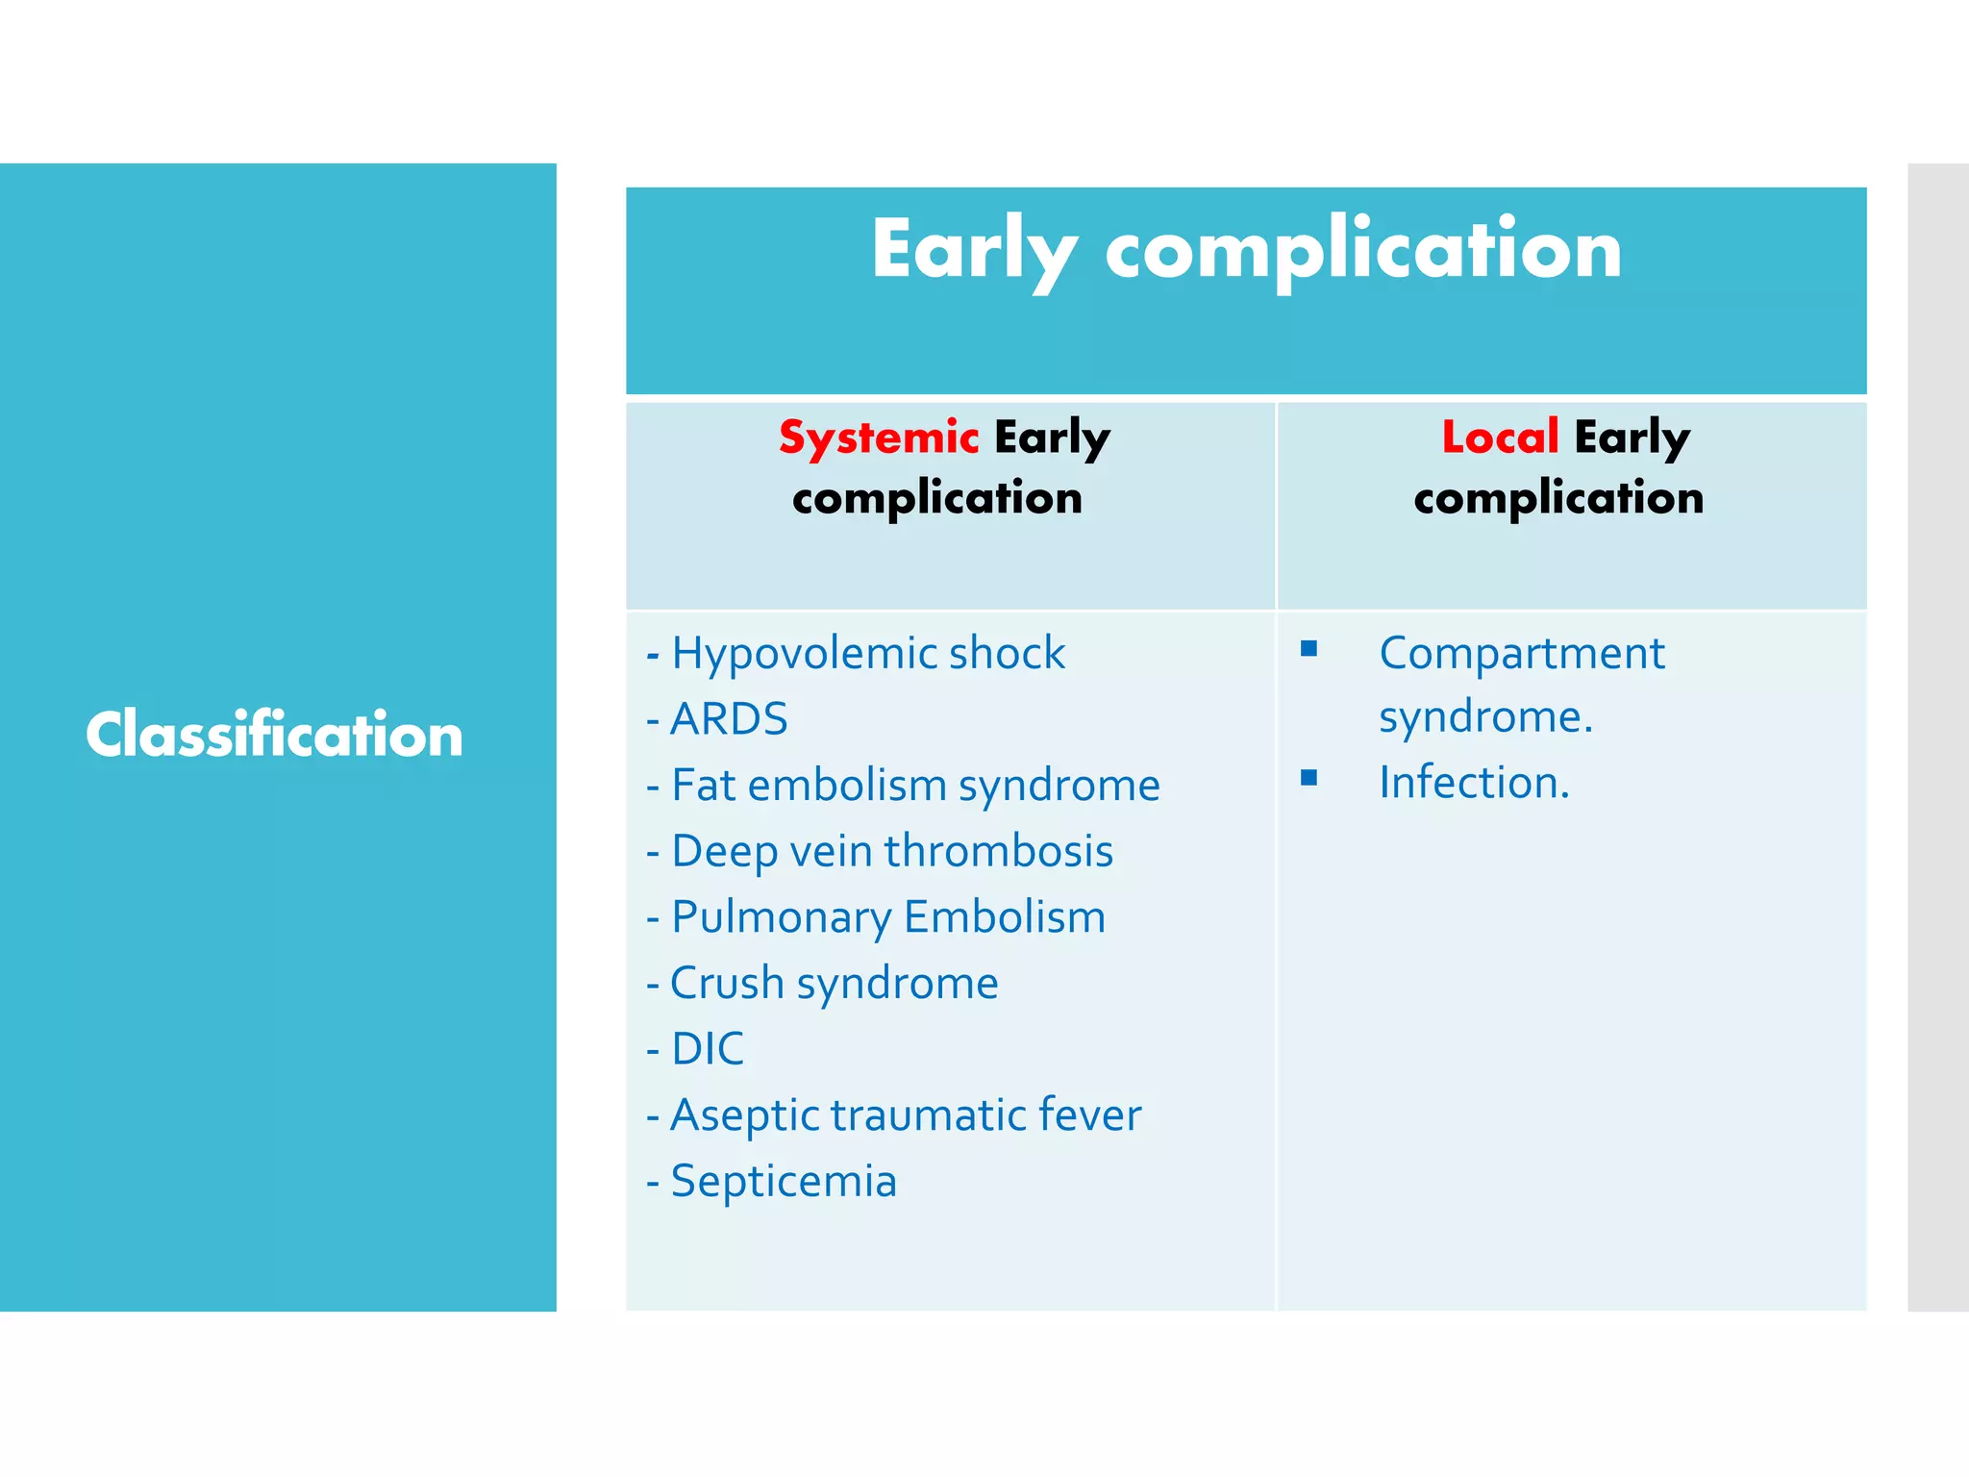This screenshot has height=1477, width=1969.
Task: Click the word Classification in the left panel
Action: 275,735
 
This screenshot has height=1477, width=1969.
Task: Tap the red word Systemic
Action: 879,438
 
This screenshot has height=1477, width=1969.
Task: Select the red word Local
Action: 1500,438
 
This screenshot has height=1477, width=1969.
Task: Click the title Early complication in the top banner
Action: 1246,250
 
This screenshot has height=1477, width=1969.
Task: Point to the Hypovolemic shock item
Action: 867,654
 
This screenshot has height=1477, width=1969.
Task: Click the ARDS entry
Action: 729,719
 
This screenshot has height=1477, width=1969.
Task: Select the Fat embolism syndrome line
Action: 915,786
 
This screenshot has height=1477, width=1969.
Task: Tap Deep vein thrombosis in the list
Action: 891,852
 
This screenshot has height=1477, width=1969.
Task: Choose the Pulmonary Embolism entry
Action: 887,917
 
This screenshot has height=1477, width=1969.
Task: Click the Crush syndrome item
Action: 834,984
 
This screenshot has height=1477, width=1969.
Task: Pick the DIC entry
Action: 708,1049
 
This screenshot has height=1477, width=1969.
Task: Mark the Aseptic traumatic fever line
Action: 906,1115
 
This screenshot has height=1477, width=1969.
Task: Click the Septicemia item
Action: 783,1182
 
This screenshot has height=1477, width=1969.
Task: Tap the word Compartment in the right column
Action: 1522,654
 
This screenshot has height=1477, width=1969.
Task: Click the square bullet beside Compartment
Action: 1309,649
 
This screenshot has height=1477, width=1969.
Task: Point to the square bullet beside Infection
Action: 1309,778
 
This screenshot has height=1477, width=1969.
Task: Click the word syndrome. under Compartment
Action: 1485,717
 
